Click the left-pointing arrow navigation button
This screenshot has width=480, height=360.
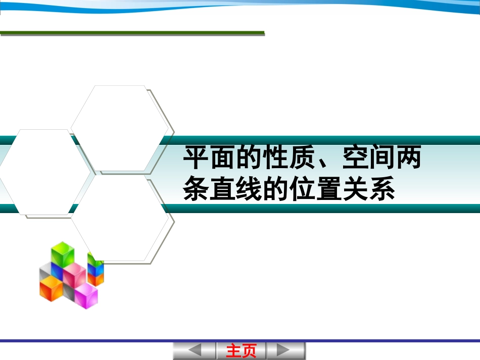click(195, 350)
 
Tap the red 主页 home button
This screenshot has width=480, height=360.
click(241, 350)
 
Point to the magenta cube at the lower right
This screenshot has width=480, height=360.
click(86, 295)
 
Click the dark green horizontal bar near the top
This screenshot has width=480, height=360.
click(132, 33)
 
